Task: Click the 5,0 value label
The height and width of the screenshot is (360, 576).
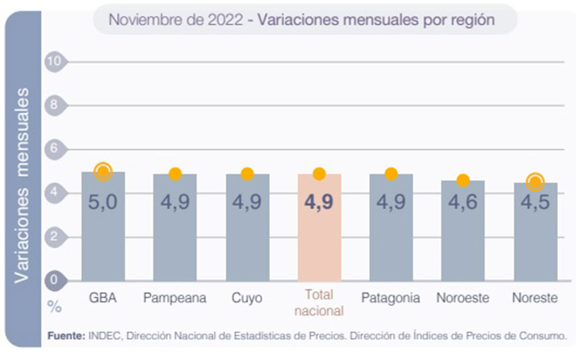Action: point(103,203)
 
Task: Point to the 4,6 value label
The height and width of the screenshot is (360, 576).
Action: point(463,203)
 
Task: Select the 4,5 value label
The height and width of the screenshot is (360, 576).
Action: point(535,203)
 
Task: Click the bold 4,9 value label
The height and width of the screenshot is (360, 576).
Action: point(319,203)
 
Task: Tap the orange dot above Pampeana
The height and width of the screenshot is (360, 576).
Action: point(175,174)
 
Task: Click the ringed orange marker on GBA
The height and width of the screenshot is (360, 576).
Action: point(103,170)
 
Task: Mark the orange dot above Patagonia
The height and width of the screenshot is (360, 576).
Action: point(391,174)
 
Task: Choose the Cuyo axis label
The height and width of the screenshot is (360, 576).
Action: point(247,298)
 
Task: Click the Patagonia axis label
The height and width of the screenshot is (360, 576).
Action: point(391,298)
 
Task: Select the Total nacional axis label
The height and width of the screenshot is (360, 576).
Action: point(319,303)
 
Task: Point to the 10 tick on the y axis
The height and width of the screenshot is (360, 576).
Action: point(55,61)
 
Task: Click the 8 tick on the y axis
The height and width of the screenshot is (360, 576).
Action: point(55,105)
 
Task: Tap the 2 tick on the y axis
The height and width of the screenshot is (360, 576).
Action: point(55,236)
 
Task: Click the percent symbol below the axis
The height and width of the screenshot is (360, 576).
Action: point(54,307)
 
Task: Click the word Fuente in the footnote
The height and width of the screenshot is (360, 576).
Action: point(66,335)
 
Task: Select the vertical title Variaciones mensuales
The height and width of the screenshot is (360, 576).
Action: point(22,185)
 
